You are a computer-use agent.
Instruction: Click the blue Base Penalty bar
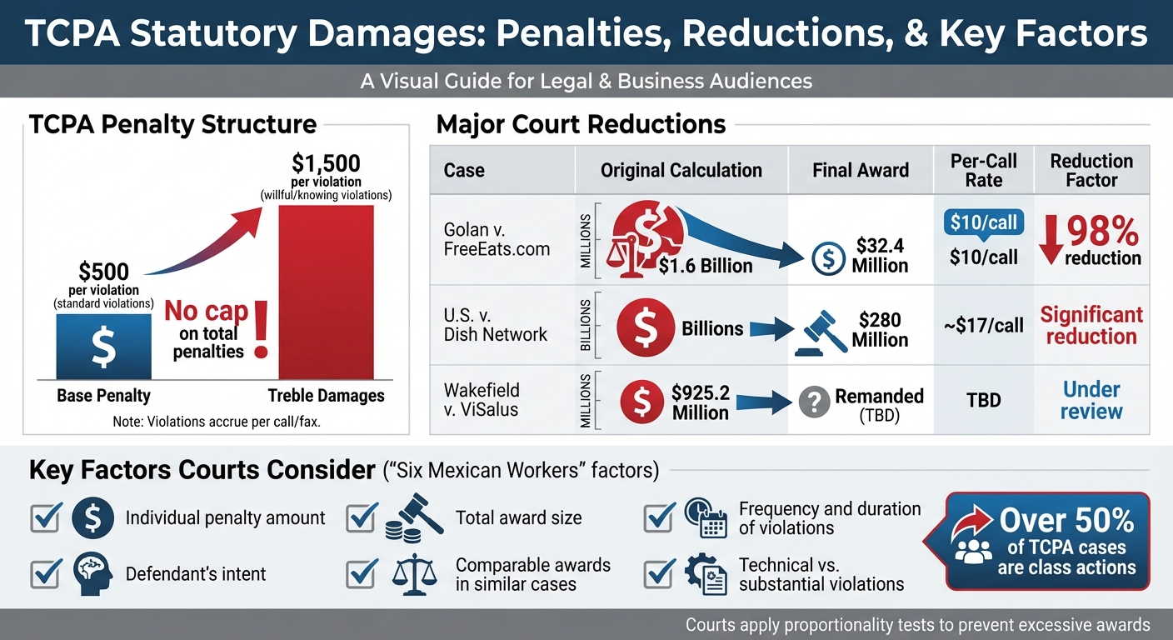pyautogui.click(x=103, y=347)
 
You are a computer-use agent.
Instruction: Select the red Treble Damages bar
pyautogui.click(x=326, y=292)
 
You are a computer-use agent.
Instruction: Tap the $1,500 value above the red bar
pyautogui.click(x=326, y=163)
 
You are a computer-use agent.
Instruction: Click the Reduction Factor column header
pyautogui.click(x=1091, y=170)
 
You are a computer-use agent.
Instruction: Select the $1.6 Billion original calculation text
pyautogui.click(x=705, y=266)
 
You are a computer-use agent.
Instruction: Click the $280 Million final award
pyautogui.click(x=879, y=329)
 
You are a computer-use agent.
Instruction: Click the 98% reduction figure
pyautogui.click(x=1103, y=229)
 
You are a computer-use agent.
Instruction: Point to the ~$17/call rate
pyautogui.click(x=984, y=326)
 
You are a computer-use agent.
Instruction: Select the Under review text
pyautogui.click(x=1091, y=400)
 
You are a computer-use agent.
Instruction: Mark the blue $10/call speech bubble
pyautogui.click(x=984, y=222)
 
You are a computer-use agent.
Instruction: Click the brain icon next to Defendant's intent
pyautogui.click(x=92, y=572)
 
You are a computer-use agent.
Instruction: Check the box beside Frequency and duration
pyautogui.click(x=660, y=518)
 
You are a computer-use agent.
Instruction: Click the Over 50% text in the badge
pyautogui.click(x=1066, y=521)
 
